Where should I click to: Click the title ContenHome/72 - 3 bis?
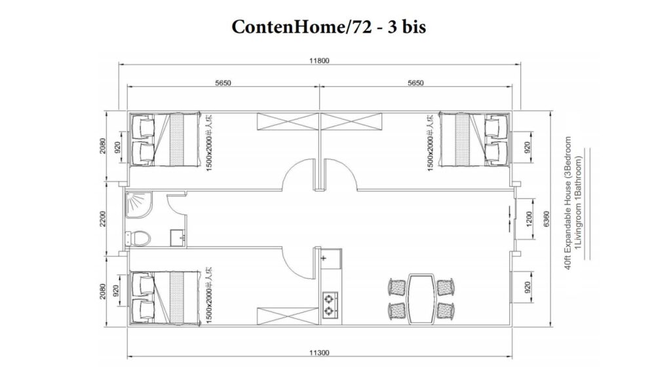coord(329,27)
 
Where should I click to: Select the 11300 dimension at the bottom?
coord(319,353)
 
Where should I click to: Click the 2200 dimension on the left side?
coord(103,219)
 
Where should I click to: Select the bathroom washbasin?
coord(176,236)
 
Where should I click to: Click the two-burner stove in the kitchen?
coord(328,302)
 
